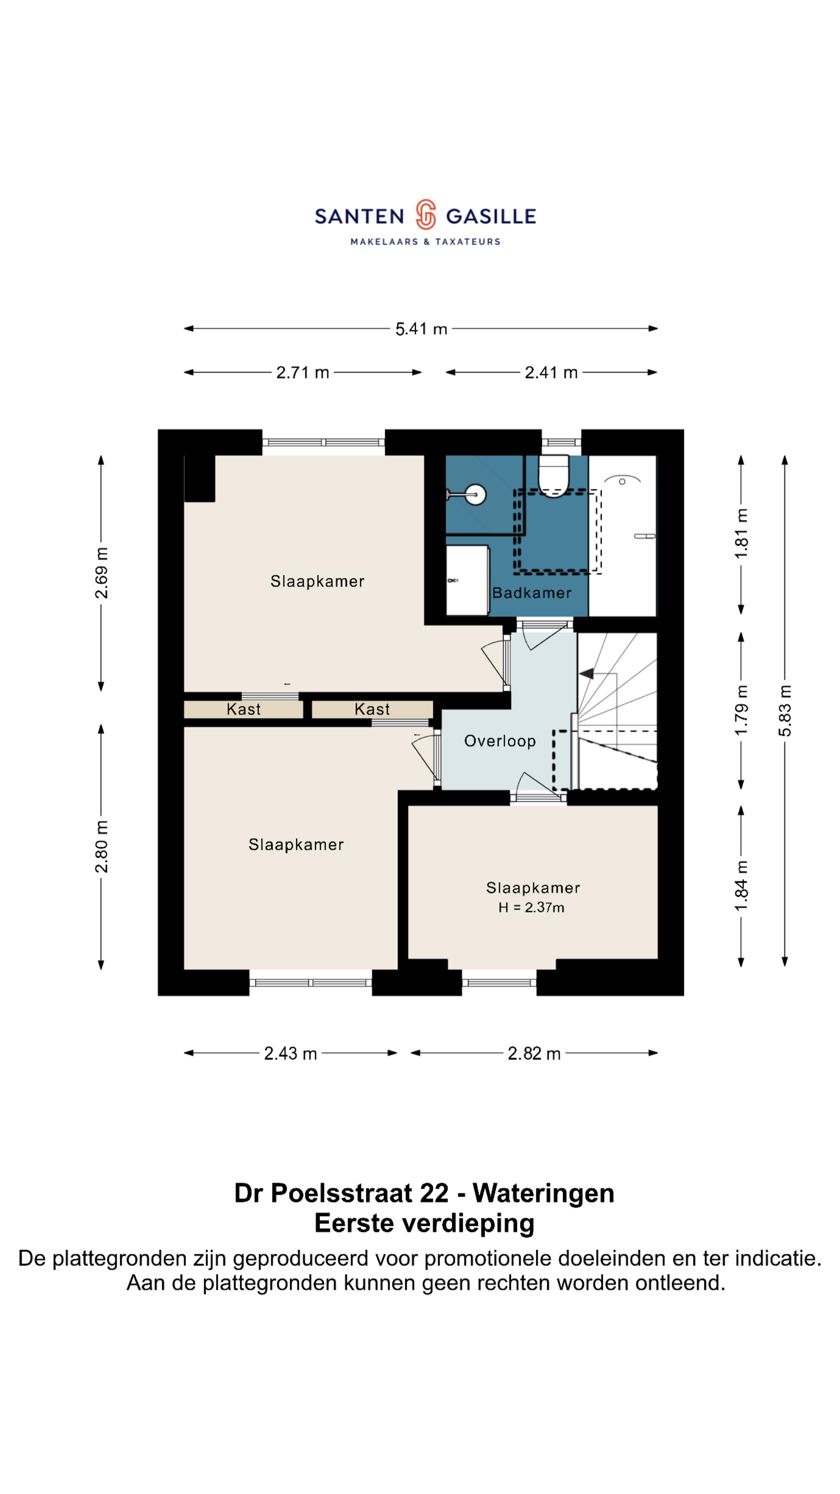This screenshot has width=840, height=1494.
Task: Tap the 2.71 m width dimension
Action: pyautogui.click(x=302, y=372)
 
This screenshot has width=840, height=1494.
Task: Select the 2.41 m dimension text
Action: pyautogui.click(x=551, y=372)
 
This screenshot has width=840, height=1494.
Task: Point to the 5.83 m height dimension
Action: pyautogui.click(x=784, y=710)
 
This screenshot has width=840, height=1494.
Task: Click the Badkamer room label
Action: pyautogui.click(x=532, y=593)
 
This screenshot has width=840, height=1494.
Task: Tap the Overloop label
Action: pyautogui.click(x=500, y=741)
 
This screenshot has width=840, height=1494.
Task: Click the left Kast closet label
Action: pyautogui.click(x=243, y=709)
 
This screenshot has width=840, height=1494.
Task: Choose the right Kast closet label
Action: pyautogui.click(x=372, y=709)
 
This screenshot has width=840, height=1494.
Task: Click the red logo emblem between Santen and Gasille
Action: pyautogui.click(x=425, y=215)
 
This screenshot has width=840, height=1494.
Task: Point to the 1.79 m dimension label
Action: pyautogui.click(x=742, y=710)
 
